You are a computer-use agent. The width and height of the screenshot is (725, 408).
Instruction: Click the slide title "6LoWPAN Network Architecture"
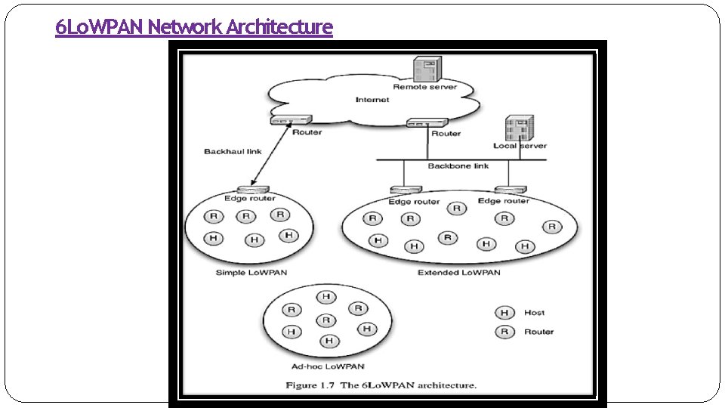pos(194,28)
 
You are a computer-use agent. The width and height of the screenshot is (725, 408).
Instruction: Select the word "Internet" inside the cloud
pos(372,100)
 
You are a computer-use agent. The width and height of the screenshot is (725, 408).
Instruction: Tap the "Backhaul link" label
pos(233,152)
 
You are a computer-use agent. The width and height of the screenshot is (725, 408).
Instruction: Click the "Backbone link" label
pos(458,166)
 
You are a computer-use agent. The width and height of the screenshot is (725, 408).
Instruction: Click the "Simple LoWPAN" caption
pos(251,273)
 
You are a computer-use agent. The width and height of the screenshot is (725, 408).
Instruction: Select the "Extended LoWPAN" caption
pos(458,273)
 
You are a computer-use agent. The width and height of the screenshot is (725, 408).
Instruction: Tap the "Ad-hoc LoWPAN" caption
pos(327,366)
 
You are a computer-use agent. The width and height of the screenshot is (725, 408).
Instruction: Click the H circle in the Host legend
pos(503,313)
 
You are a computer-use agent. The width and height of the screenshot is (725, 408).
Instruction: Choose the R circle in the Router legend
pos(503,332)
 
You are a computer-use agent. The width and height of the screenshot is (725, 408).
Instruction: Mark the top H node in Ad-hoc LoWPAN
pos(326,297)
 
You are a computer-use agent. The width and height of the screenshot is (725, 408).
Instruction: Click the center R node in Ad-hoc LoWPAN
pos(326,320)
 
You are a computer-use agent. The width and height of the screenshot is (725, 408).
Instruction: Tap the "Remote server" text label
pos(424,88)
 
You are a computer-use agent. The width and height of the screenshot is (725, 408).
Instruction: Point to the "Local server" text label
pos(520,146)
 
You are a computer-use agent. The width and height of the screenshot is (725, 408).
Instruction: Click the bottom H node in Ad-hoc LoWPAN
pos(328,342)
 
